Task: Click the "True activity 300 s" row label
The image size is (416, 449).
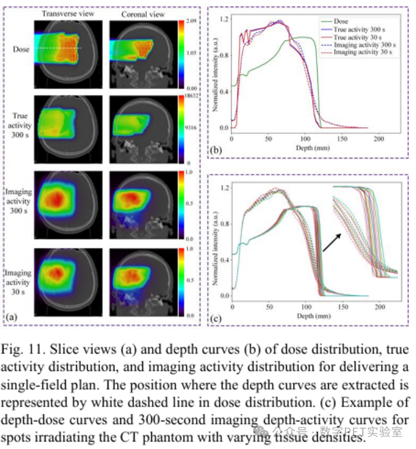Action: click(x=18, y=121)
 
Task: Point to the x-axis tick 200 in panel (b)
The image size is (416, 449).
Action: click(x=378, y=139)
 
